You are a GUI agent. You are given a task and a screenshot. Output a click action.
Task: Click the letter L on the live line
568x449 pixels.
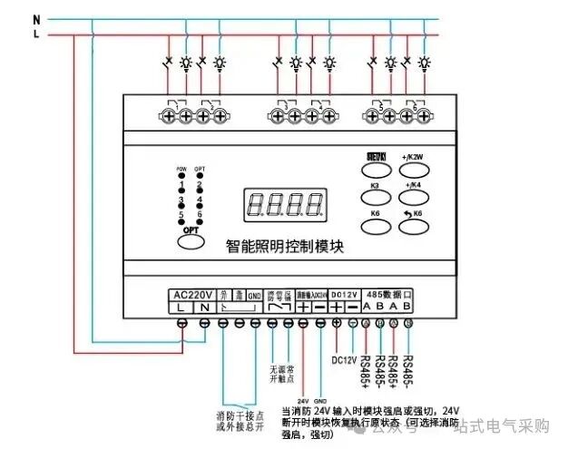coord(35,34)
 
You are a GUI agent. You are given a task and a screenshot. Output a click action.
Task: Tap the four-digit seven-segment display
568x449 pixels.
coord(285,203)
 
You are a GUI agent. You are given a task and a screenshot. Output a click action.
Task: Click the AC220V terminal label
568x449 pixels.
coord(191,295)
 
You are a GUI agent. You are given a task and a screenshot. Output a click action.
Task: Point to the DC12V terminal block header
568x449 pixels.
coord(345,295)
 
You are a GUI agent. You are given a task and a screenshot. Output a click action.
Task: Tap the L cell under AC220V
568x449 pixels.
coord(181,308)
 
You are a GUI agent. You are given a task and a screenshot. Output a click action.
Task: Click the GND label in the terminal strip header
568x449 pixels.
coord(256,296)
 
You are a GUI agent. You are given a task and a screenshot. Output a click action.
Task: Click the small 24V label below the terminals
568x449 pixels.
coord(301,398)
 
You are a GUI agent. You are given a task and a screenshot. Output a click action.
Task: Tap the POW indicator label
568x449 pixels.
coord(181,169)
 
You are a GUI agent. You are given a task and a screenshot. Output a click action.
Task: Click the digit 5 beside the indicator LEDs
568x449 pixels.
coord(181,214)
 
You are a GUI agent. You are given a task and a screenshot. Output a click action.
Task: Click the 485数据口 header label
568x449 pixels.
coord(389,295)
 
